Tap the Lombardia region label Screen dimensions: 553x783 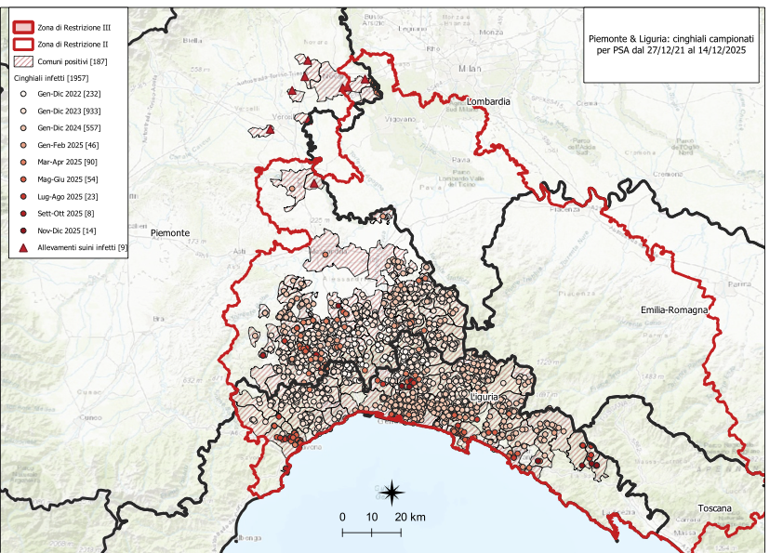(489, 100)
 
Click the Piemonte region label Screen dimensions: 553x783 (170, 233)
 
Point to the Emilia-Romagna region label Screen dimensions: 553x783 (674, 309)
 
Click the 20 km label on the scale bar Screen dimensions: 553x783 (410, 517)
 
